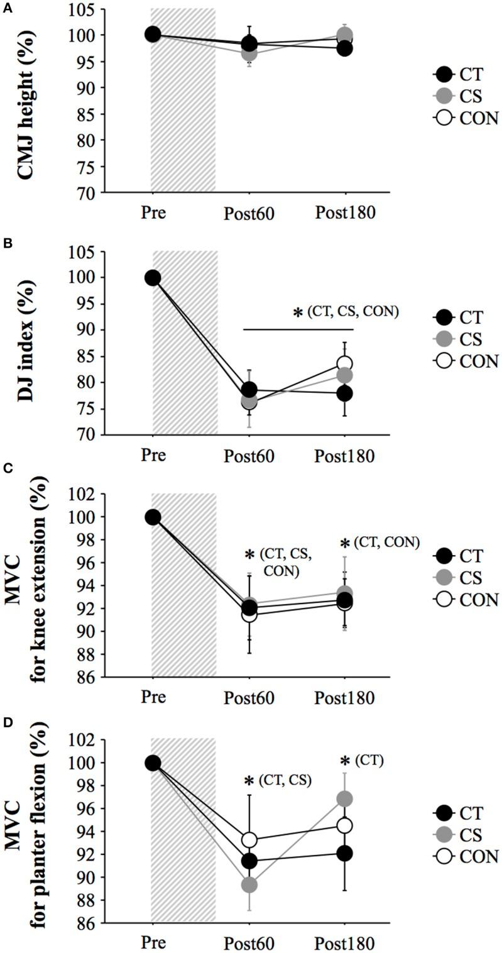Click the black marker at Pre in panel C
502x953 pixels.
pos(153,517)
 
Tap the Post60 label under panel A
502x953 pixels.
pos(249,213)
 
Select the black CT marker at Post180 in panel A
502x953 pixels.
pos(344,48)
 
